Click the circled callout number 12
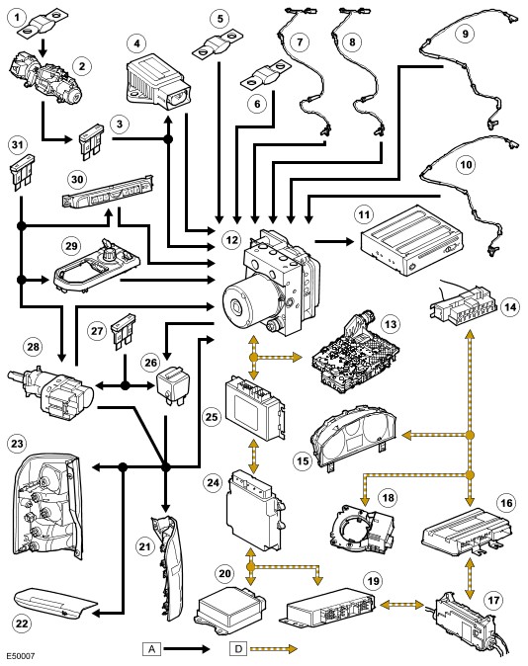(x=232, y=240)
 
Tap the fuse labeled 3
(x=91, y=140)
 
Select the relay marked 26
(x=172, y=382)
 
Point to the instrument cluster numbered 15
(x=354, y=435)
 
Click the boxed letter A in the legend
(x=152, y=648)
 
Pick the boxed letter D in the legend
(x=238, y=648)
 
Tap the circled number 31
(x=17, y=145)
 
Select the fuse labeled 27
(x=123, y=331)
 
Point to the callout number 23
(x=18, y=444)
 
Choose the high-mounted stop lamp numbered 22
(x=55, y=604)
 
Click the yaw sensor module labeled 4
(x=159, y=82)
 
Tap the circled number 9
(x=465, y=33)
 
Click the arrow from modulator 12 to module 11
(x=334, y=241)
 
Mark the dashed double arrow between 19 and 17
(x=401, y=604)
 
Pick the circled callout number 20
(x=224, y=573)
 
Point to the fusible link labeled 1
(x=43, y=26)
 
